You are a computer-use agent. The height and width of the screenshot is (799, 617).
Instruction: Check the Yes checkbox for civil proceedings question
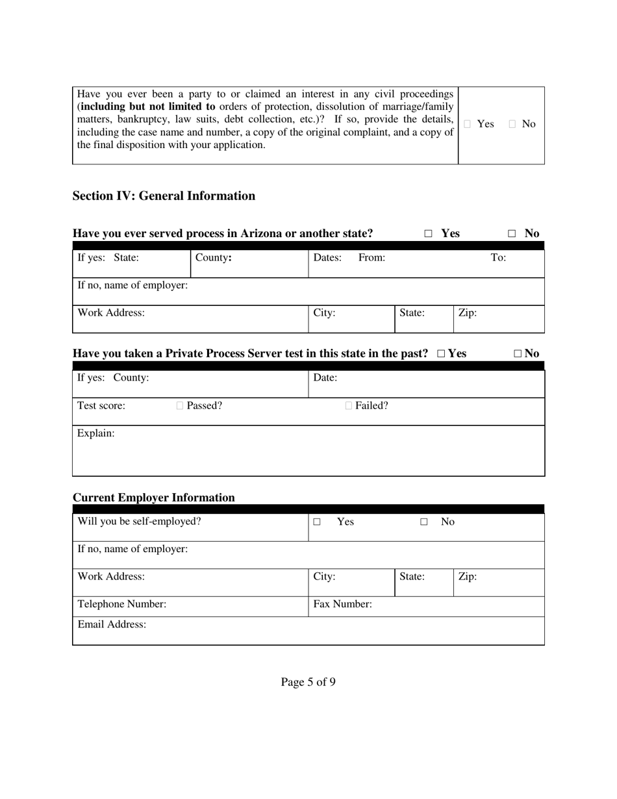coord(467,124)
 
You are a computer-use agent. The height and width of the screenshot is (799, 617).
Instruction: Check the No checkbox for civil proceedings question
coord(512,124)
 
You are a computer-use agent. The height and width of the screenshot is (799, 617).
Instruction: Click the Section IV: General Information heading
coord(164,196)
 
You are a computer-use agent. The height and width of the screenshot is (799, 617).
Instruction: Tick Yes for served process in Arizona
coord(428,234)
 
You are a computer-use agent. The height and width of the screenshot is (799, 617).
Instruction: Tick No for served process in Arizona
coord(512,234)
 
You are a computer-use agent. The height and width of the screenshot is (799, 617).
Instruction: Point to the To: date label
coord(498,257)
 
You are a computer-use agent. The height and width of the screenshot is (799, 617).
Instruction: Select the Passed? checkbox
coord(180,406)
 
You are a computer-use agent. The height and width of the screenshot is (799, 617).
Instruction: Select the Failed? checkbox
coord(349,406)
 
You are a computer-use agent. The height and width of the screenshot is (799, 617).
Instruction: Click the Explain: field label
coord(96,433)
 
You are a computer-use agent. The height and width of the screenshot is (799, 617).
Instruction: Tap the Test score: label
coord(101,406)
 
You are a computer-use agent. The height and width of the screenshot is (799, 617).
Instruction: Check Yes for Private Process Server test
coord(442,354)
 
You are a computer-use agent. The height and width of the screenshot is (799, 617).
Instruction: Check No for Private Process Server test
coord(518,354)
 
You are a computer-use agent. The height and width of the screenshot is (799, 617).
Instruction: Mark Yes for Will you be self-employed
coord(317,522)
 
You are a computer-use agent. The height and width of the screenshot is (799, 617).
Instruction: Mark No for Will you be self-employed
coord(424,522)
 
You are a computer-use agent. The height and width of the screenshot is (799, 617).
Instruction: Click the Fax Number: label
coord(342,604)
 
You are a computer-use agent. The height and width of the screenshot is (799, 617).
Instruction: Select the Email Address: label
coord(112,624)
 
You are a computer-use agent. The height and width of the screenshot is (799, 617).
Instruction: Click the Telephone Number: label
coord(122,604)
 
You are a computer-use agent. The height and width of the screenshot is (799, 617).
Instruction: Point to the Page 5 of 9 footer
coord(308,682)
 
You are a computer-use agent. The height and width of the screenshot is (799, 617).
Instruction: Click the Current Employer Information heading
coord(154,498)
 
